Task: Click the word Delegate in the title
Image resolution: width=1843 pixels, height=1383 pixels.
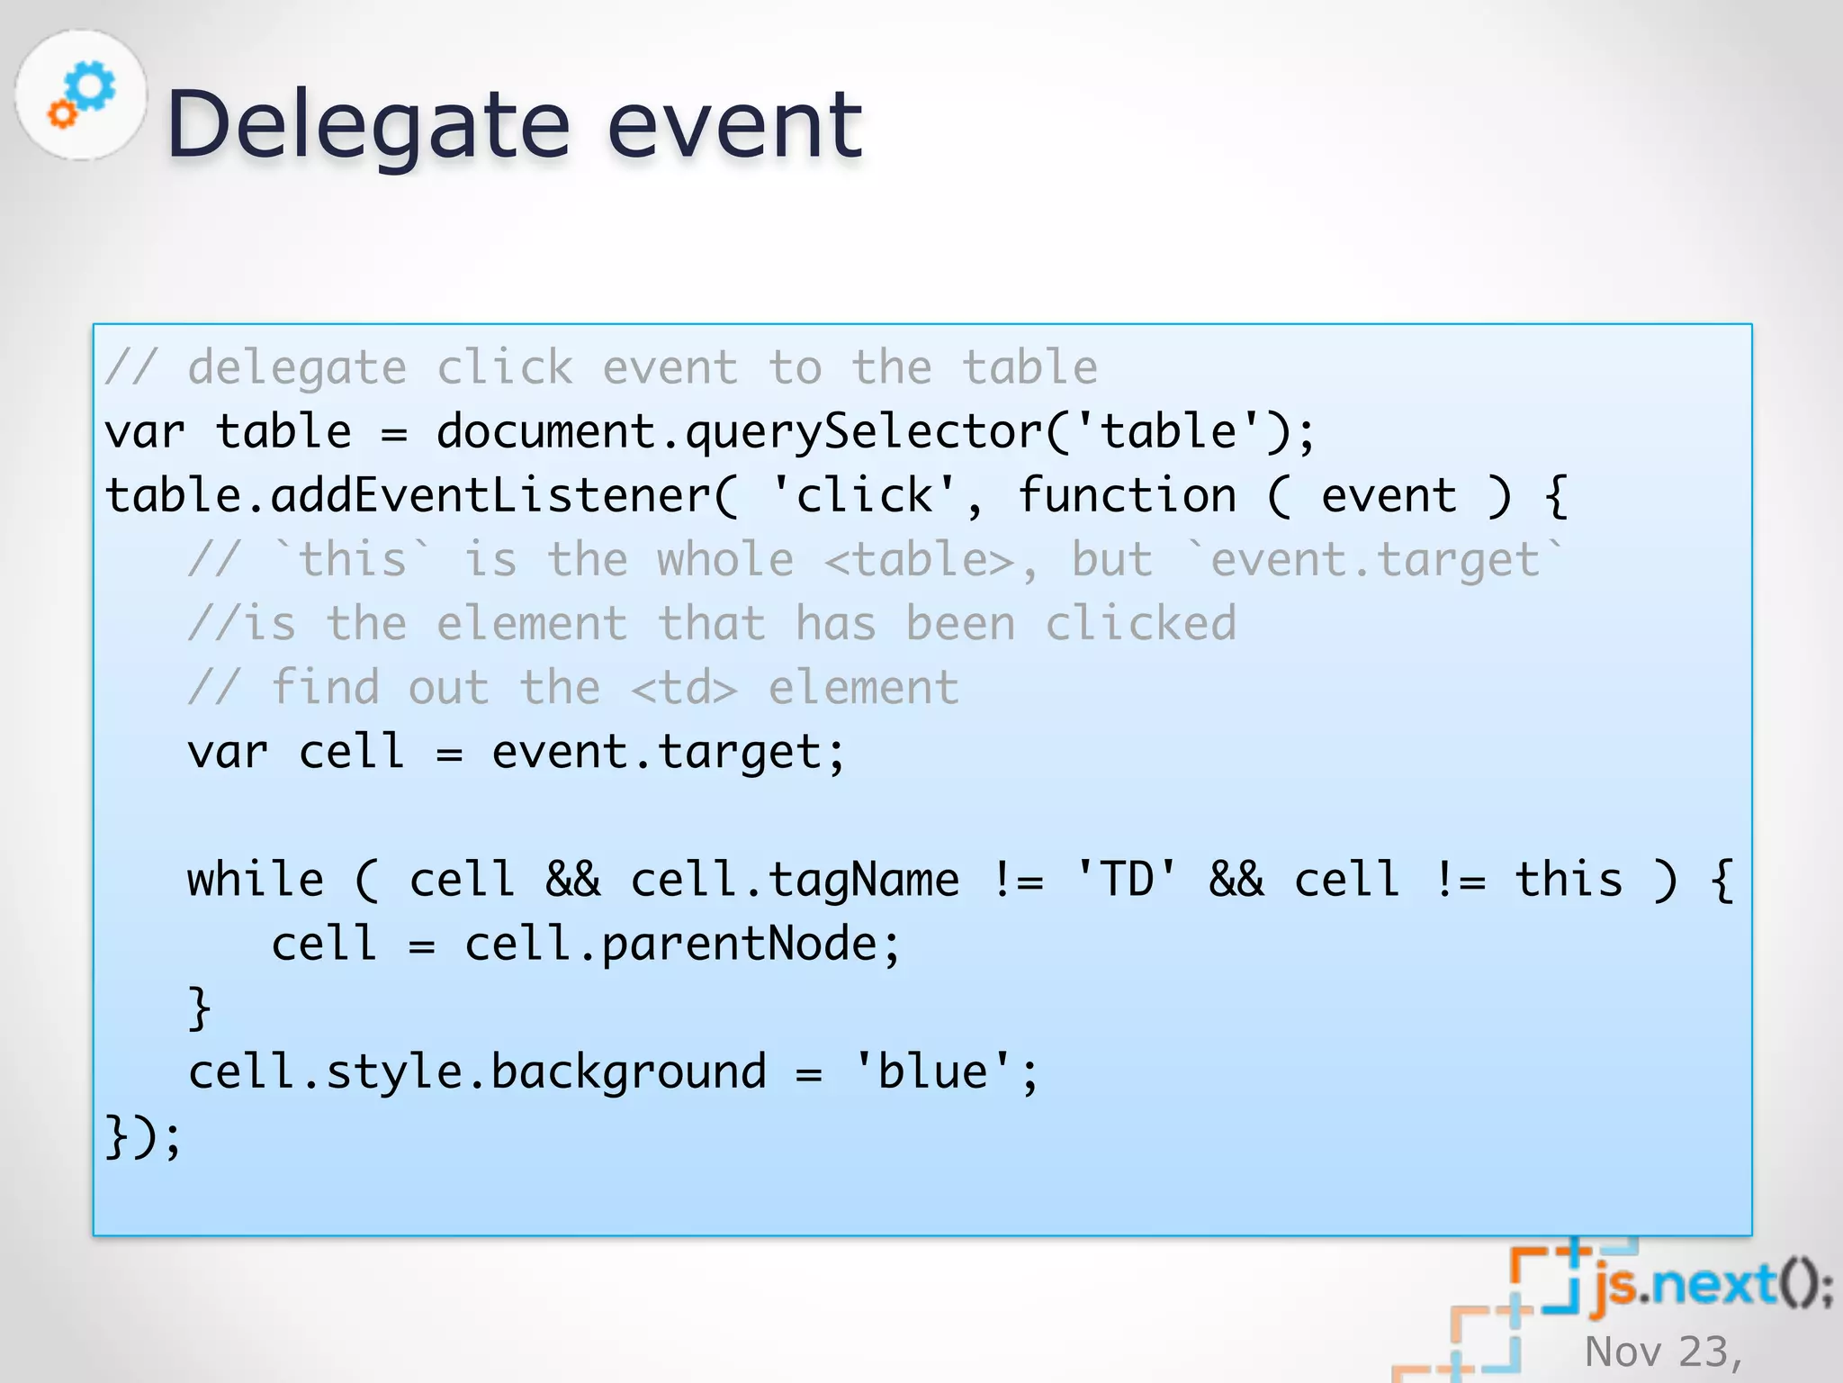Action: tap(368, 126)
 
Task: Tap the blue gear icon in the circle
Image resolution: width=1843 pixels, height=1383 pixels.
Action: tap(92, 86)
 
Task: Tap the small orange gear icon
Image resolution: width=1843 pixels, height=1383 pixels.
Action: tap(62, 113)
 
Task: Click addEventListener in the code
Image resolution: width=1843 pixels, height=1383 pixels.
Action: tap(491, 496)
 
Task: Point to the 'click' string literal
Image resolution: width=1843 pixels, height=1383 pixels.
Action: tap(864, 496)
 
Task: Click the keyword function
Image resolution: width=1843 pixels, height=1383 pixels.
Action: tap(1127, 496)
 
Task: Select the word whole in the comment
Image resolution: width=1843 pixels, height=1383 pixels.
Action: tap(725, 560)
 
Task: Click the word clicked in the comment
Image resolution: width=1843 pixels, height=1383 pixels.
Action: tap(1141, 624)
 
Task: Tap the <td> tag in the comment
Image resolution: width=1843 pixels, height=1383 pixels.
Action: tap(684, 689)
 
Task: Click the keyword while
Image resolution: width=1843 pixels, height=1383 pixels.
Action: tap(256, 880)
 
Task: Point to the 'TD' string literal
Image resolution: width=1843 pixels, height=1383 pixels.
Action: tap(1127, 880)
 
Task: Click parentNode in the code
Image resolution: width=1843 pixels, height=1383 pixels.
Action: tap(739, 945)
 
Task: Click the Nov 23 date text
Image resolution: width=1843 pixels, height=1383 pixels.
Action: tap(1663, 1351)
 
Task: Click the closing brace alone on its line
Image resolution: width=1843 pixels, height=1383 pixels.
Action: tap(199, 1008)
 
